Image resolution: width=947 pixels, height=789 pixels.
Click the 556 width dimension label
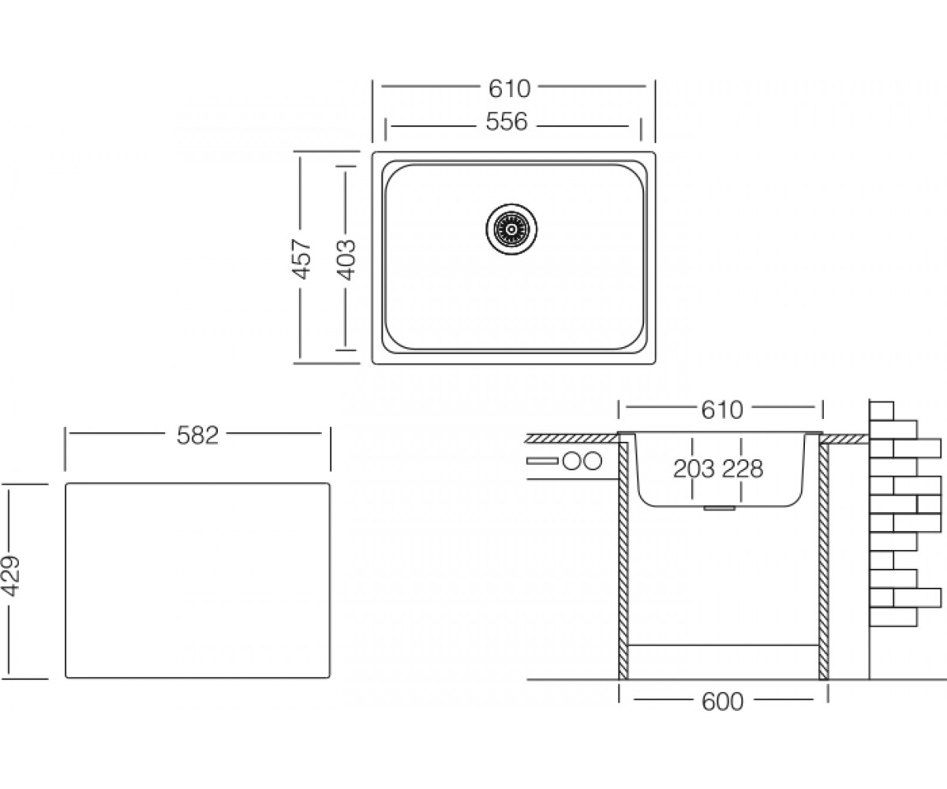507,122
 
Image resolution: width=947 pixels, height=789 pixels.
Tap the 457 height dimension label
301,259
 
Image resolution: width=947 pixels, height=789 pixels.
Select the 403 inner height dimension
347,260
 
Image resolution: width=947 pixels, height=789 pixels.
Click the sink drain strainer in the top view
511,229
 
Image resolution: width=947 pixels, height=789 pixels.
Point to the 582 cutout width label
198,436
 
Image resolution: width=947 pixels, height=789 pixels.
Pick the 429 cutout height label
11,576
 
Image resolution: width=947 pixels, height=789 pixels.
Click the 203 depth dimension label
694,469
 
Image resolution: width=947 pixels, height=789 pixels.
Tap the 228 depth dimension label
743,469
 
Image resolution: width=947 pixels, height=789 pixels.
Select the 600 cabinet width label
723,701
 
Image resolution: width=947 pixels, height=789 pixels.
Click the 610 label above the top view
509,89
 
